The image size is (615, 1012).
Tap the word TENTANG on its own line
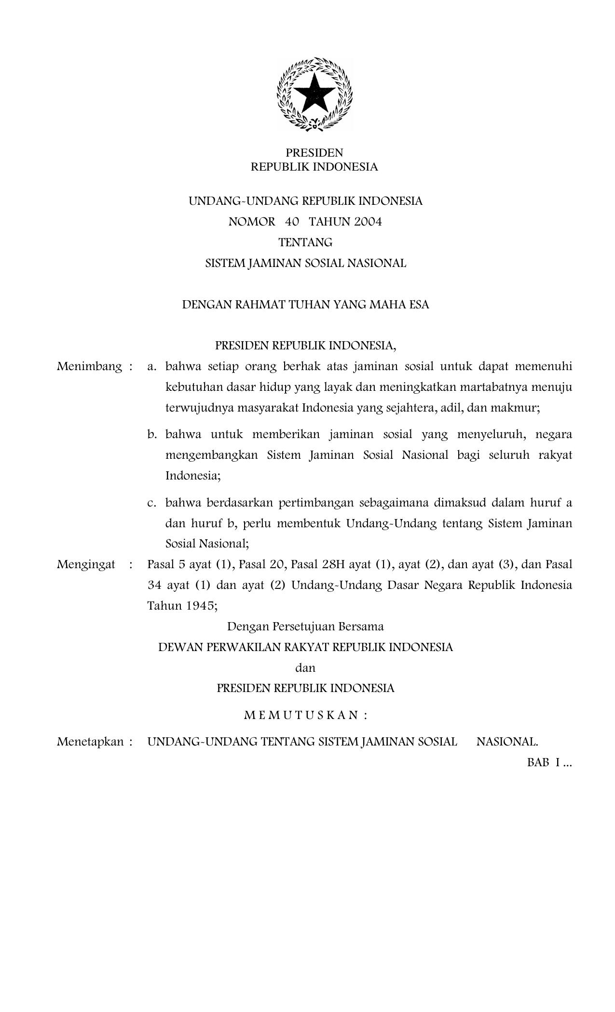(305, 242)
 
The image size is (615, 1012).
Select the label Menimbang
(90, 367)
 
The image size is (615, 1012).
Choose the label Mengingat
(86, 564)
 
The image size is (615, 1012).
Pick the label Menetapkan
(90, 742)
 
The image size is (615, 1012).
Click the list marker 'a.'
(152, 367)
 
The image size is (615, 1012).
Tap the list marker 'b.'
(152, 435)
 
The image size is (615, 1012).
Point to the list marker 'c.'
(152, 503)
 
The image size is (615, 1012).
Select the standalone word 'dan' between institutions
(305, 668)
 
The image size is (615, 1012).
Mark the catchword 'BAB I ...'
(549, 763)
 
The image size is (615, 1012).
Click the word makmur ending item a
(520, 408)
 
